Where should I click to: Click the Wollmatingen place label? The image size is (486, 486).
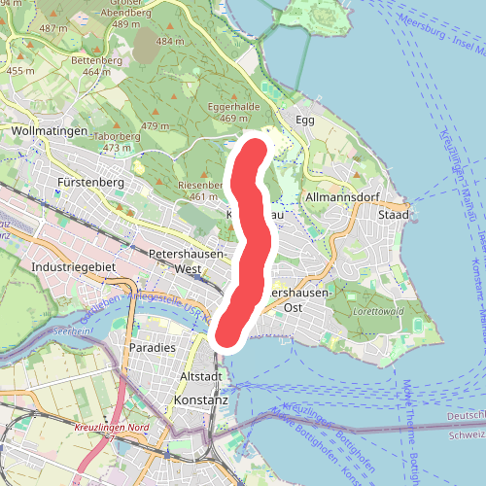pyautogui.click(x=49, y=130)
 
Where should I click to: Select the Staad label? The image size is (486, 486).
pyautogui.click(x=393, y=214)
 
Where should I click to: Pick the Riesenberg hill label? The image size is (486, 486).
pyautogui.click(x=203, y=185)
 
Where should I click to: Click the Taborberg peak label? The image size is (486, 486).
pyautogui.click(x=117, y=136)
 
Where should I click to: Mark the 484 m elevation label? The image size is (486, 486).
pyautogui.click(x=169, y=42)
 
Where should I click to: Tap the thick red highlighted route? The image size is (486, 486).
pyautogui.click(x=250, y=243)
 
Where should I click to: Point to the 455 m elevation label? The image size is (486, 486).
pyautogui.click(x=20, y=71)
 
